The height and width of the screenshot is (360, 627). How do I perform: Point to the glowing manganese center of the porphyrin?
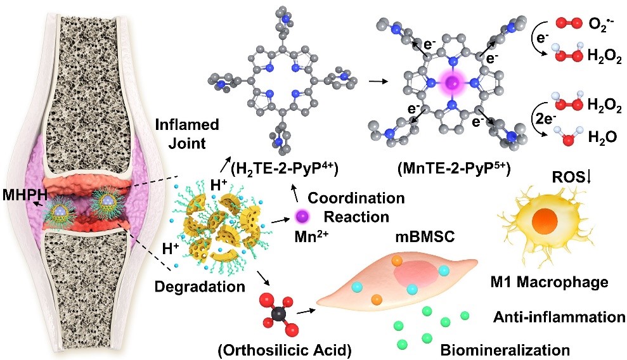[453, 84]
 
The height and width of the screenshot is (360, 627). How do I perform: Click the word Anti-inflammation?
[555, 316]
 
